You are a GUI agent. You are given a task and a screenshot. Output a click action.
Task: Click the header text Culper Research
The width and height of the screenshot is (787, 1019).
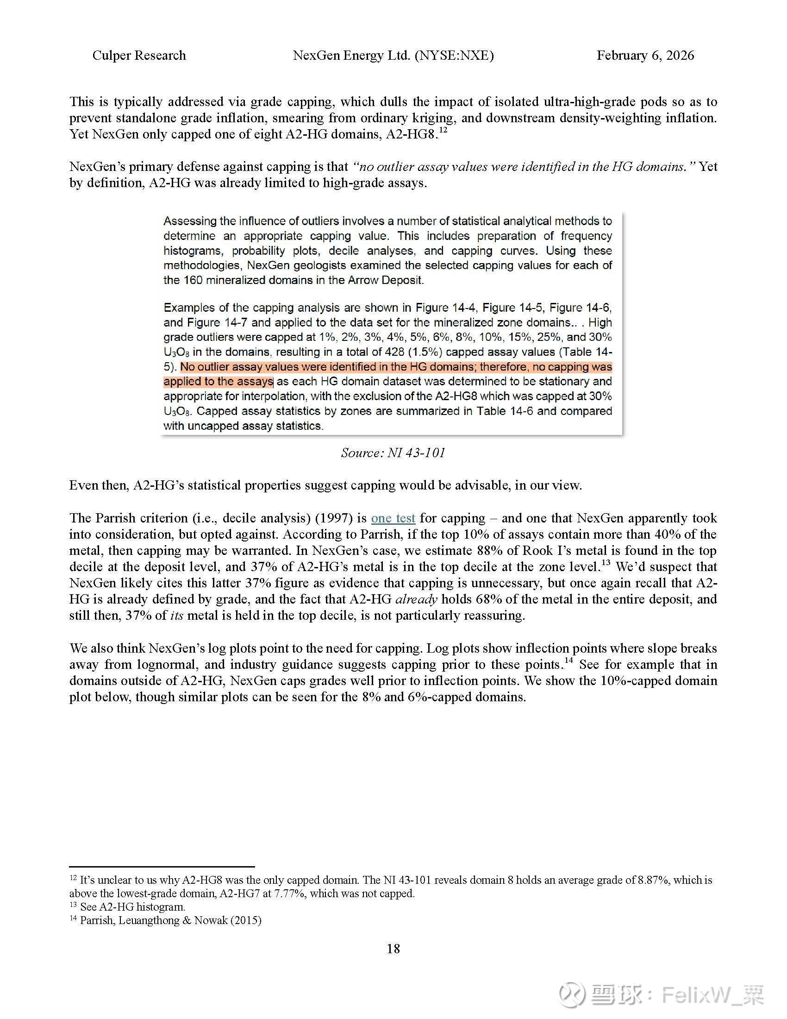[139, 56]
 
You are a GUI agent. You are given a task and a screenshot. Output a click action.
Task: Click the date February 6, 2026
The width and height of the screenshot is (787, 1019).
[645, 56]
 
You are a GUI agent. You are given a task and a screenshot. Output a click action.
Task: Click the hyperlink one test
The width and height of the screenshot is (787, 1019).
[393, 518]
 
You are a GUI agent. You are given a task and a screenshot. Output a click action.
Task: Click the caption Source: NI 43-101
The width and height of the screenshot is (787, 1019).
[393, 453]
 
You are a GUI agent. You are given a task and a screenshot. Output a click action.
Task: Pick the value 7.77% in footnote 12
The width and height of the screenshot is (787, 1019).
[289, 893]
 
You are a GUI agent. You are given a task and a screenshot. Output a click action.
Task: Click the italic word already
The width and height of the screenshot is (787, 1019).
[416, 599]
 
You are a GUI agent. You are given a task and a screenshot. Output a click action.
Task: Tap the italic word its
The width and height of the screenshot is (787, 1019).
[177, 616]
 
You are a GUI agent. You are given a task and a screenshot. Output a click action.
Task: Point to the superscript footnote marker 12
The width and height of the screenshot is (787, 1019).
[443, 131]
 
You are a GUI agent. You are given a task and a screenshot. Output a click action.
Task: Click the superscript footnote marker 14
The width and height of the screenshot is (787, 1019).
[568, 660]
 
